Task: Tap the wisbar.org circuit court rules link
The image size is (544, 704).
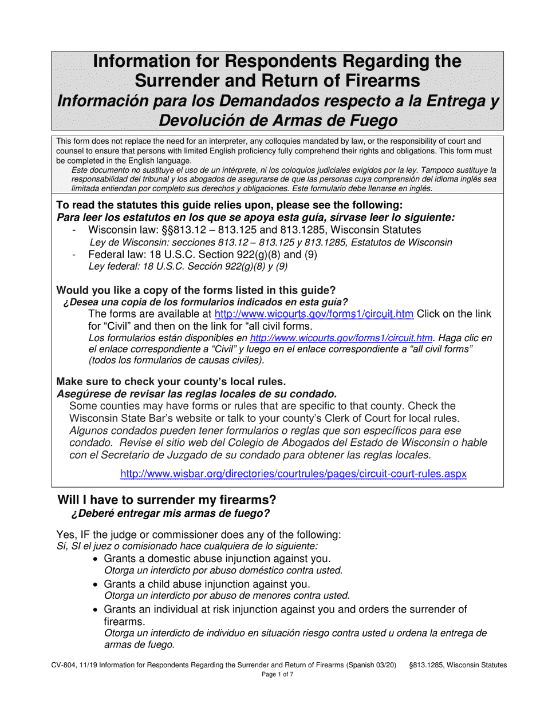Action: pyautogui.click(x=293, y=474)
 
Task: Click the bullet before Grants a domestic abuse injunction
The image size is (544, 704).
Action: pyautogui.click(x=96, y=559)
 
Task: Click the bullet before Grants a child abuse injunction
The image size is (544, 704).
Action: pyautogui.click(x=96, y=584)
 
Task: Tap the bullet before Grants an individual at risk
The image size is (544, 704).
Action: pyautogui.click(x=96, y=610)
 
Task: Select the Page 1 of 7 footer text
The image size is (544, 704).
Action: pyautogui.click(x=277, y=675)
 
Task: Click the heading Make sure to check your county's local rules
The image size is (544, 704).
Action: pyautogui.click(x=171, y=381)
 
